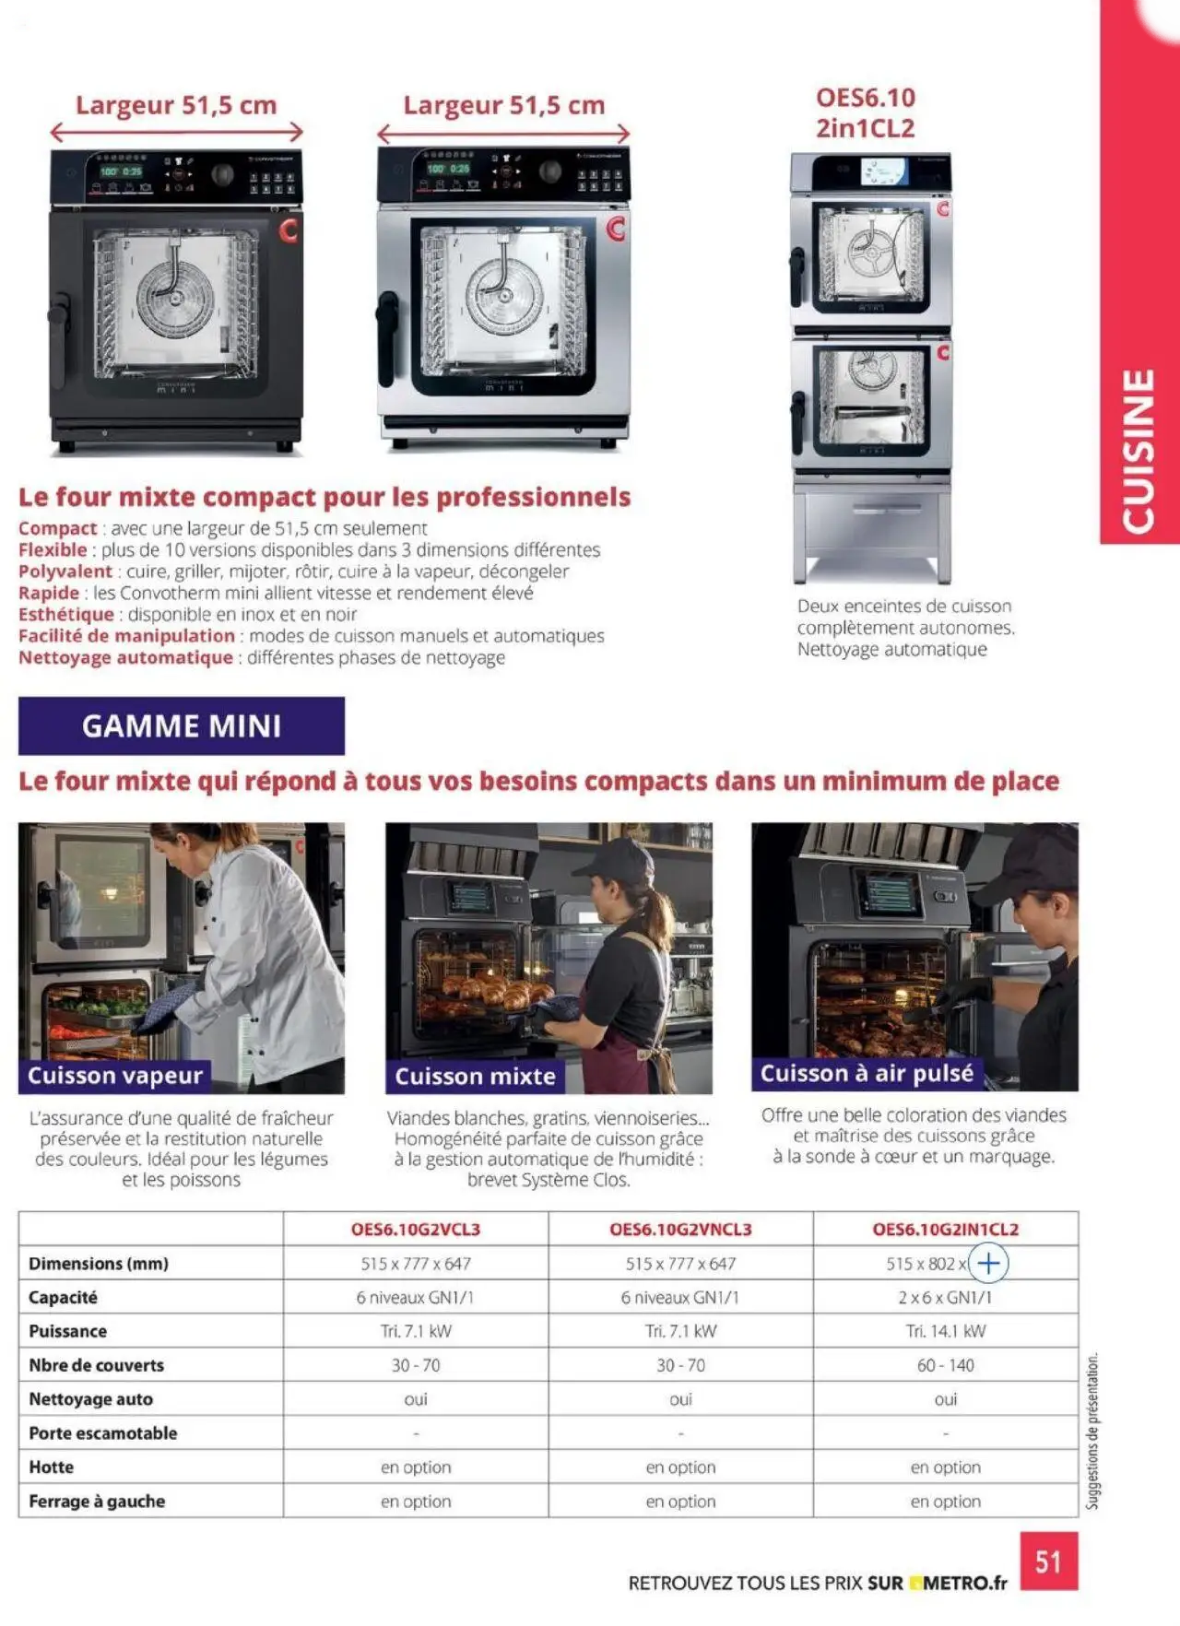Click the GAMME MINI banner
tap(181, 726)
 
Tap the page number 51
tap(1048, 1561)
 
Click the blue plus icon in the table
tap(988, 1263)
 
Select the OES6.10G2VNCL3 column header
tap(680, 1229)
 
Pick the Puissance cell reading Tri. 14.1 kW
tap(945, 1331)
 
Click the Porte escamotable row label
tap(102, 1432)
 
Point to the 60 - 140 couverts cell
tap(945, 1365)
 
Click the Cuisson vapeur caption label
tap(115, 1076)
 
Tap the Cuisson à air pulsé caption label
tap(867, 1073)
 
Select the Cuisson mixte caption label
tap(475, 1077)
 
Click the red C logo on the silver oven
tap(616, 228)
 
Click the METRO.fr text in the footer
tap(964, 1583)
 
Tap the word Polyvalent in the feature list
tap(65, 571)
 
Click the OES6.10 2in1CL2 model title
tap(865, 112)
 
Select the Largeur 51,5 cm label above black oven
tap(176, 105)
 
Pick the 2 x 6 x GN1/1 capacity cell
tap(945, 1297)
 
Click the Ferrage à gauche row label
tap(97, 1501)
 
